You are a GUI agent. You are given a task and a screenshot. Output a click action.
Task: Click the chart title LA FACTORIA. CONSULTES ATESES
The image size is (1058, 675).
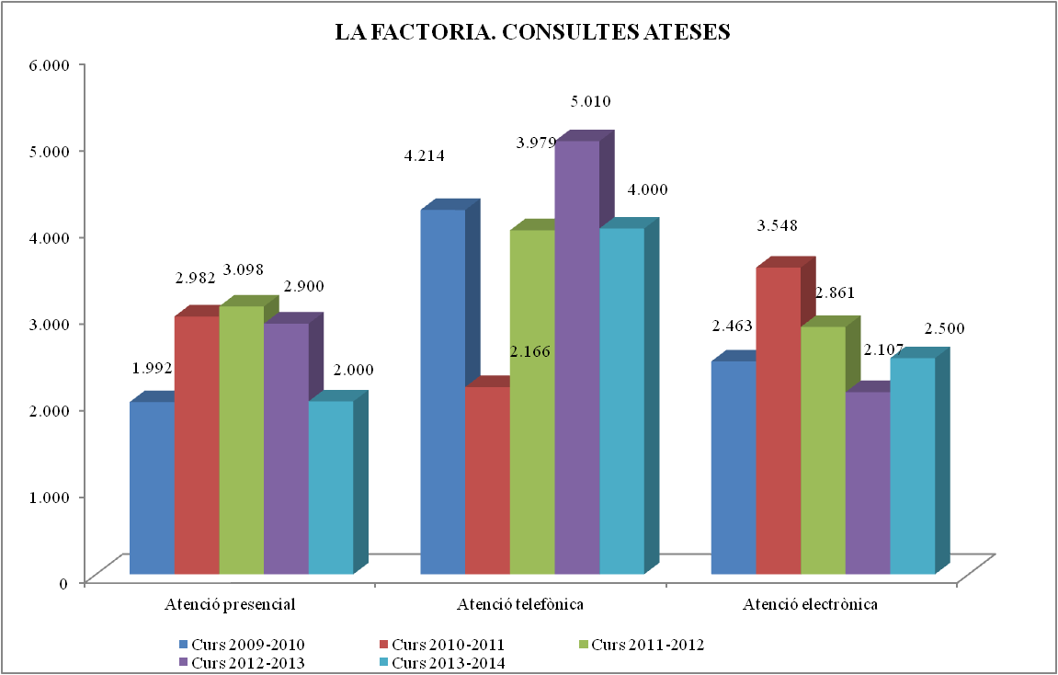coord(532,33)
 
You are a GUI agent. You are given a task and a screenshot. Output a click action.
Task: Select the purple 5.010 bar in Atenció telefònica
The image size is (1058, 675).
coord(576,359)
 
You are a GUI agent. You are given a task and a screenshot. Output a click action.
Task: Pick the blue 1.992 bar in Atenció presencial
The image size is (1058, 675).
coord(152,487)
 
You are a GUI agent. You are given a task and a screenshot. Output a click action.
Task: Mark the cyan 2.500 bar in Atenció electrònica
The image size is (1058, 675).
coord(912,465)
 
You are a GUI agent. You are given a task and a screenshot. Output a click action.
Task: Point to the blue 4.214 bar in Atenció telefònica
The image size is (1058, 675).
coord(442,392)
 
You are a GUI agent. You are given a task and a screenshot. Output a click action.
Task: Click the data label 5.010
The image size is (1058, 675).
coord(591,101)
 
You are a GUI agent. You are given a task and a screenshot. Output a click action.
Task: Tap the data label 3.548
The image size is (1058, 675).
coord(777,225)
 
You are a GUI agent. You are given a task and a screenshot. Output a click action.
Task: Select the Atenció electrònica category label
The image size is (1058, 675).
coord(810,605)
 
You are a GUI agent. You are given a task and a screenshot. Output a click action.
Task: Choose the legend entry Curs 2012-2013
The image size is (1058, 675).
coord(248,662)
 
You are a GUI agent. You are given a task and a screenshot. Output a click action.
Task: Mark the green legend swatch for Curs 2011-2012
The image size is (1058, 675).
coord(582,644)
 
